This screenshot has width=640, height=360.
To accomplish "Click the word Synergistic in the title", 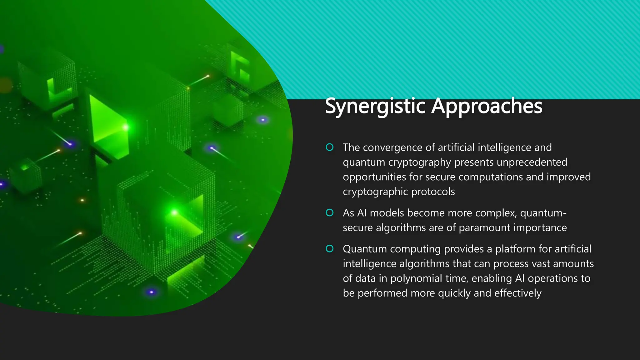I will [375, 106].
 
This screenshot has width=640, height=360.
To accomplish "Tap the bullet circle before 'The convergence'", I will [329, 147].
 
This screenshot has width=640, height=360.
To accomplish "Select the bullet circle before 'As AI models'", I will [329, 213].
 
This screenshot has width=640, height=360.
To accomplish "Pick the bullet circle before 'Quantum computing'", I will [329, 249].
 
